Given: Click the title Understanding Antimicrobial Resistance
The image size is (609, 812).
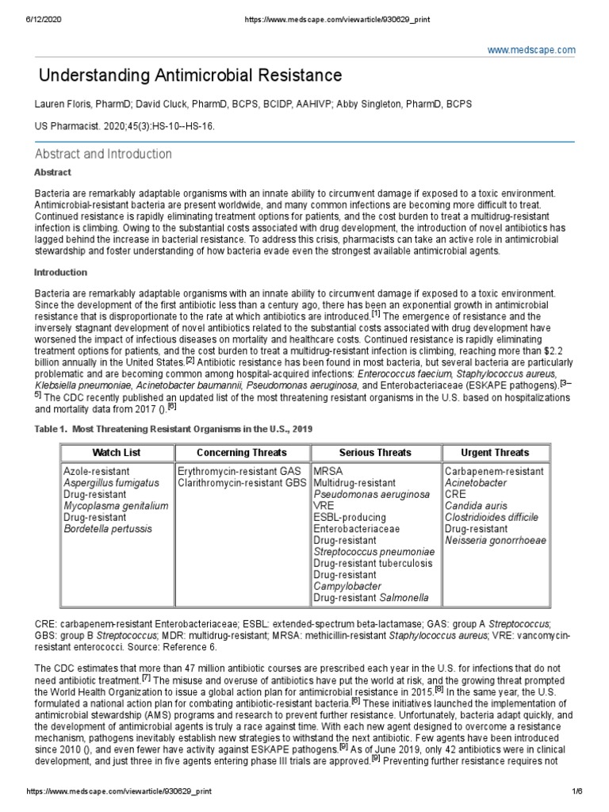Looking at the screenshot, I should click(191, 75).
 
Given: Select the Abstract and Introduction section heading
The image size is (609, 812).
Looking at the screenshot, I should click(103, 154).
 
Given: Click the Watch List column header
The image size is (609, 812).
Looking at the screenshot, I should click(117, 453).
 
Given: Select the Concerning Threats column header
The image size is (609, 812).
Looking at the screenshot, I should click(242, 453).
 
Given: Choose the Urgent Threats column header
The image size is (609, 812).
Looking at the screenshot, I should click(495, 453).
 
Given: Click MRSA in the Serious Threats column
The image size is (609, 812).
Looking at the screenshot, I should click(328, 471).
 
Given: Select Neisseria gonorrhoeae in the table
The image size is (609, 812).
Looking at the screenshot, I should click(496, 540).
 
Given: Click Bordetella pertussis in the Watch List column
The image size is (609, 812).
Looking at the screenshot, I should click(107, 528).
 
